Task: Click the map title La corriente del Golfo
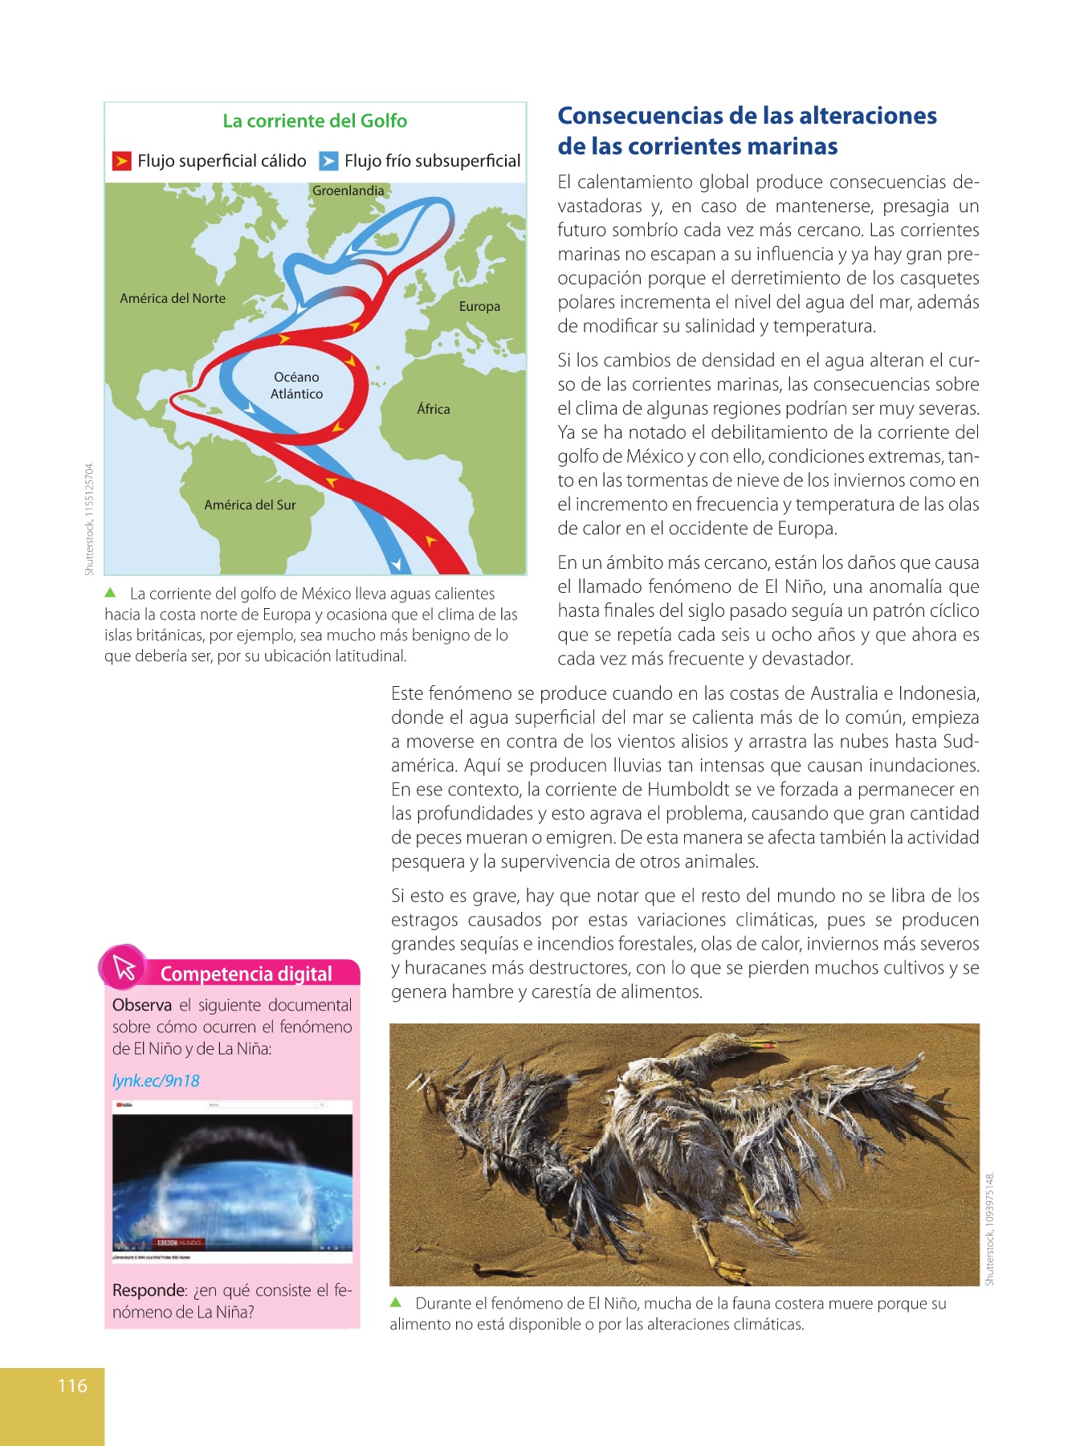point(315,121)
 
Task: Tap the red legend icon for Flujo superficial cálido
point(121,161)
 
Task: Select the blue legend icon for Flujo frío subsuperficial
point(328,161)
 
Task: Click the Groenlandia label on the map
point(348,190)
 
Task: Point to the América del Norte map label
point(173,298)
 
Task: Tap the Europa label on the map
point(479,306)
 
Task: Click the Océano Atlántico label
point(296,386)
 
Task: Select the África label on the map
point(434,409)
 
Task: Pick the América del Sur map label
point(250,504)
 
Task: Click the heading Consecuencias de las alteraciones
point(747,116)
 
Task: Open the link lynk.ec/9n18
point(156,1080)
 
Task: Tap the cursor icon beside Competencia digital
point(124,967)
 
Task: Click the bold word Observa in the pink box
point(142,1005)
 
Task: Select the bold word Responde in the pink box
point(149,1290)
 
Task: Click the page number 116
point(72,1385)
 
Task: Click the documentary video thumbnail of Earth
point(232,1181)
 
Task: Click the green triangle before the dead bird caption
point(396,1302)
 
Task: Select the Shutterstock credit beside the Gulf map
point(89,518)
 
